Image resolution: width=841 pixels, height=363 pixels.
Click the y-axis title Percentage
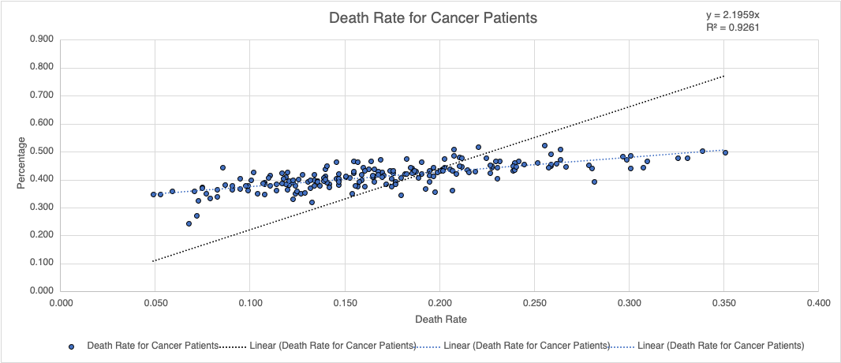click(23, 163)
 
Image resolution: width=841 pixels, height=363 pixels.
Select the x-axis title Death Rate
click(439, 320)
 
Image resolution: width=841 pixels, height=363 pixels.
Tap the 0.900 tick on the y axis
click(41, 39)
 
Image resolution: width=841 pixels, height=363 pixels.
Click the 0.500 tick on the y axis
click(41, 152)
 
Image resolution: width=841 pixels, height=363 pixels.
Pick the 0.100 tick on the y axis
click(41, 264)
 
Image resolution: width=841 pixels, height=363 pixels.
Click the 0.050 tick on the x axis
click(155, 302)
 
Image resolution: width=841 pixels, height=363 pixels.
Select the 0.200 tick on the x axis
click(439, 302)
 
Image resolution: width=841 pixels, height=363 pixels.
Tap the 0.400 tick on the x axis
click(818, 302)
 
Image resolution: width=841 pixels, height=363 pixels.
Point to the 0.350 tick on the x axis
click(723, 302)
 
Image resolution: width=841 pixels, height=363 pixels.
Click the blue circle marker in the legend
click(73, 346)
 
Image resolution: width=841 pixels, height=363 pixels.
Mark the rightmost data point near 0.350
click(725, 152)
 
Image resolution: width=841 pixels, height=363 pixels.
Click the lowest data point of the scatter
click(189, 223)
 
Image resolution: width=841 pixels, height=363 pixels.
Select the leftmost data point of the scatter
click(154, 194)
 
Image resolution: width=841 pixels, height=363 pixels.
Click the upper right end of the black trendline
click(723, 76)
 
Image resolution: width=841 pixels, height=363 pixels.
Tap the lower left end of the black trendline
click(153, 260)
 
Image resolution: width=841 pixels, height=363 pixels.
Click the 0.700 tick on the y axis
click(41, 95)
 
